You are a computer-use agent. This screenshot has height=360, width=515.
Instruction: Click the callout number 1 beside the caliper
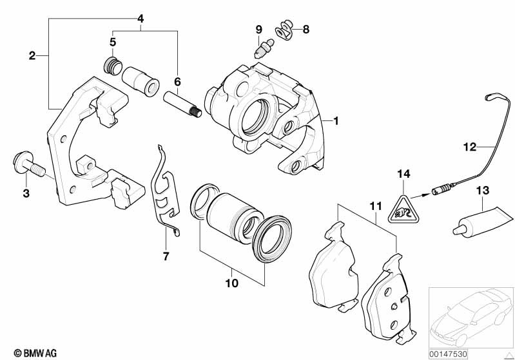click(x=335, y=121)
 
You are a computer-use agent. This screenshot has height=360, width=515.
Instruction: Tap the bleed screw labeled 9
click(x=264, y=48)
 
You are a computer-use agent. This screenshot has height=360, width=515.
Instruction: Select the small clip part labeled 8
click(x=284, y=30)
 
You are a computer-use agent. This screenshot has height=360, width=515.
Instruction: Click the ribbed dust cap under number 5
click(x=113, y=66)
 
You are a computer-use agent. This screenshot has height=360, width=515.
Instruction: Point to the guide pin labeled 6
click(x=182, y=104)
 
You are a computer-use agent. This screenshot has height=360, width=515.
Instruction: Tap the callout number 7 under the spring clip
click(x=166, y=256)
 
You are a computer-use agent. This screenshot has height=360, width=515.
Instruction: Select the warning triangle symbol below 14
click(x=403, y=210)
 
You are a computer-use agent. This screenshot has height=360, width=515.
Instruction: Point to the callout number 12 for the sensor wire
click(x=470, y=147)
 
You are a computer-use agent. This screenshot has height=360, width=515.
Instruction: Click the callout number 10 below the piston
click(x=231, y=283)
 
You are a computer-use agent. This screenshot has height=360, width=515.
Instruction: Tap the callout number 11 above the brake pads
click(x=376, y=206)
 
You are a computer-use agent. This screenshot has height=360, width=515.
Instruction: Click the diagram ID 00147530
click(x=448, y=354)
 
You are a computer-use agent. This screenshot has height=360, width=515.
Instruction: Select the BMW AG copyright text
click(x=35, y=353)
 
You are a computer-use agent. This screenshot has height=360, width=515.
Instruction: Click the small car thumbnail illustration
click(x=471, y=318)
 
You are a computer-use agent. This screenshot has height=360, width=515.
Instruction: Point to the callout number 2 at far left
click(x=32, y=56)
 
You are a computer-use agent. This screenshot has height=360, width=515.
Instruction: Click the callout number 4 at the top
click(x=141, y=19)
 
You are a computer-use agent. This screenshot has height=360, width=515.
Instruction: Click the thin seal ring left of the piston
click(x=204, y=201)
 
